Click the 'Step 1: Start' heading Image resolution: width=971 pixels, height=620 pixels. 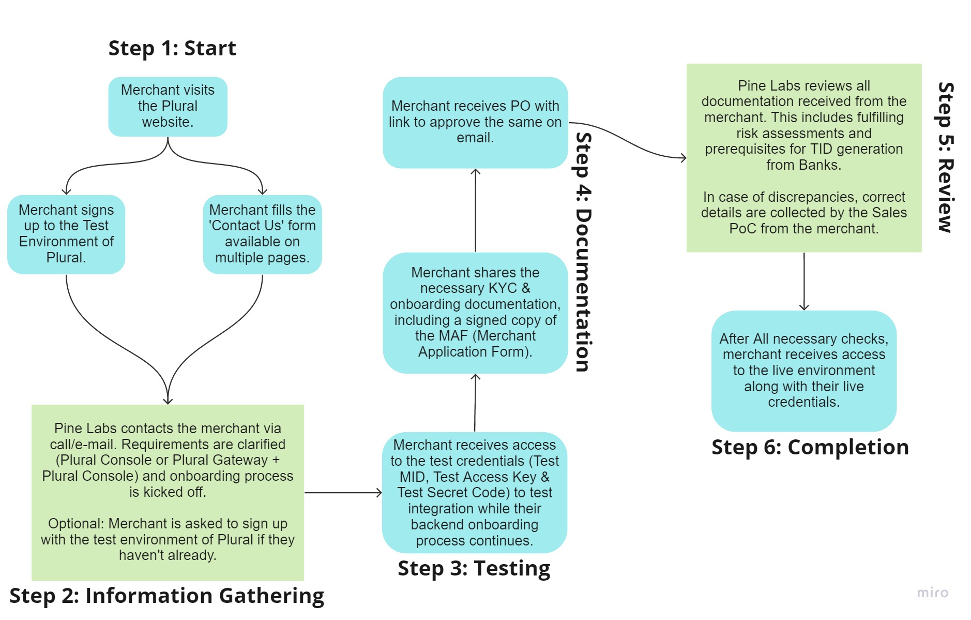point(172,48)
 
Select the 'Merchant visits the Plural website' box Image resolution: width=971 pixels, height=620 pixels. point(168,107)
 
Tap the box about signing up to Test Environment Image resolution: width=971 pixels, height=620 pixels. point(66,234)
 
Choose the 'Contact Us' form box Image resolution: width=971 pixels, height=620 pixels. point(262,234)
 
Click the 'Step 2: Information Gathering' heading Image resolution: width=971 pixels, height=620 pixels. point(166,595)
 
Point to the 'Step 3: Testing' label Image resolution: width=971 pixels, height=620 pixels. point(474,568)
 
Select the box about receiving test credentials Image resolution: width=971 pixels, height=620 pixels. point(474,492)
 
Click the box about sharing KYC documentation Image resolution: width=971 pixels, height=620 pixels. point(475,312)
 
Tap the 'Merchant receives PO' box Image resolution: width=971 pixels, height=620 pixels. point(475,122)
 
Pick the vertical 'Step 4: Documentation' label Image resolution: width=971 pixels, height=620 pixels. point(584,252)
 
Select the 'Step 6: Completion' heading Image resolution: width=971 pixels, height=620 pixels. point(810,447)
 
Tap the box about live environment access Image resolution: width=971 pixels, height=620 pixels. point(803,371)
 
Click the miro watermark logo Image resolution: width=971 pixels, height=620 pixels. point(932,593)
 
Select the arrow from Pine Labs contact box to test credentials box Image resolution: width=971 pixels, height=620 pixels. point(343,493)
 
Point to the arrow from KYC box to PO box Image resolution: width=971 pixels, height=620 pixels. point(475,210)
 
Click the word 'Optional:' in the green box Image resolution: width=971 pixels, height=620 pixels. point(77,524)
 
